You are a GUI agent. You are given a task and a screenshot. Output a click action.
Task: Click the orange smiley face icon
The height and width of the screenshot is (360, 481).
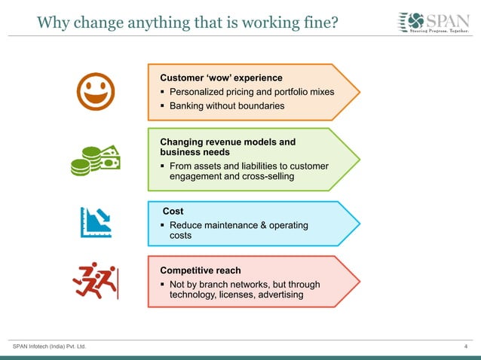click(96, 92)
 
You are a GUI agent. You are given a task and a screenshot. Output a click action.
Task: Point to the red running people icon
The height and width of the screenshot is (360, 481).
click(96, 280)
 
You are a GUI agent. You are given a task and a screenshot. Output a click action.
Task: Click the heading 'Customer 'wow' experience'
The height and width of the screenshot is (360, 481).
click(221, 78)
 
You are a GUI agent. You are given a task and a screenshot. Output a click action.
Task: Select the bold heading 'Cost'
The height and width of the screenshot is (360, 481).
click(173, 212)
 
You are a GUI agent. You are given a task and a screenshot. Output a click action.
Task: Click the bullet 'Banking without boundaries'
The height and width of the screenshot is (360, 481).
click(227, 106)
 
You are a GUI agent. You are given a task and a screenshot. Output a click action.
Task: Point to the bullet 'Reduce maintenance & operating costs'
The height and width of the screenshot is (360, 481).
click(238, 230)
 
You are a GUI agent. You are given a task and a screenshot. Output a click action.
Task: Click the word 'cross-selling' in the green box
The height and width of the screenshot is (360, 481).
click(268, 176)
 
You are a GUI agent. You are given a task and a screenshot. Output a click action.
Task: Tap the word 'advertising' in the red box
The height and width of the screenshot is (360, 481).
click(280, 294)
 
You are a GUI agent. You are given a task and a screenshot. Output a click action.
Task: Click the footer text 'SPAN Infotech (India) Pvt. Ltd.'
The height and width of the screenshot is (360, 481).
click(50, 346)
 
